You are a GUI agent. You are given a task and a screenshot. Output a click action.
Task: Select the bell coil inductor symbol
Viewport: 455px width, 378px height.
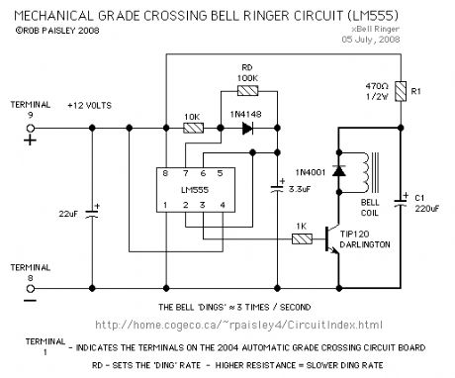(x=368, y=172)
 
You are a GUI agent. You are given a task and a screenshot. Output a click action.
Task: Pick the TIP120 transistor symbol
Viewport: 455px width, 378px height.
(x=333, y=239)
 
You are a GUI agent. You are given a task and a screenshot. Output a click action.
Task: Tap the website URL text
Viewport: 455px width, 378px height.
(x=237, y=324)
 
